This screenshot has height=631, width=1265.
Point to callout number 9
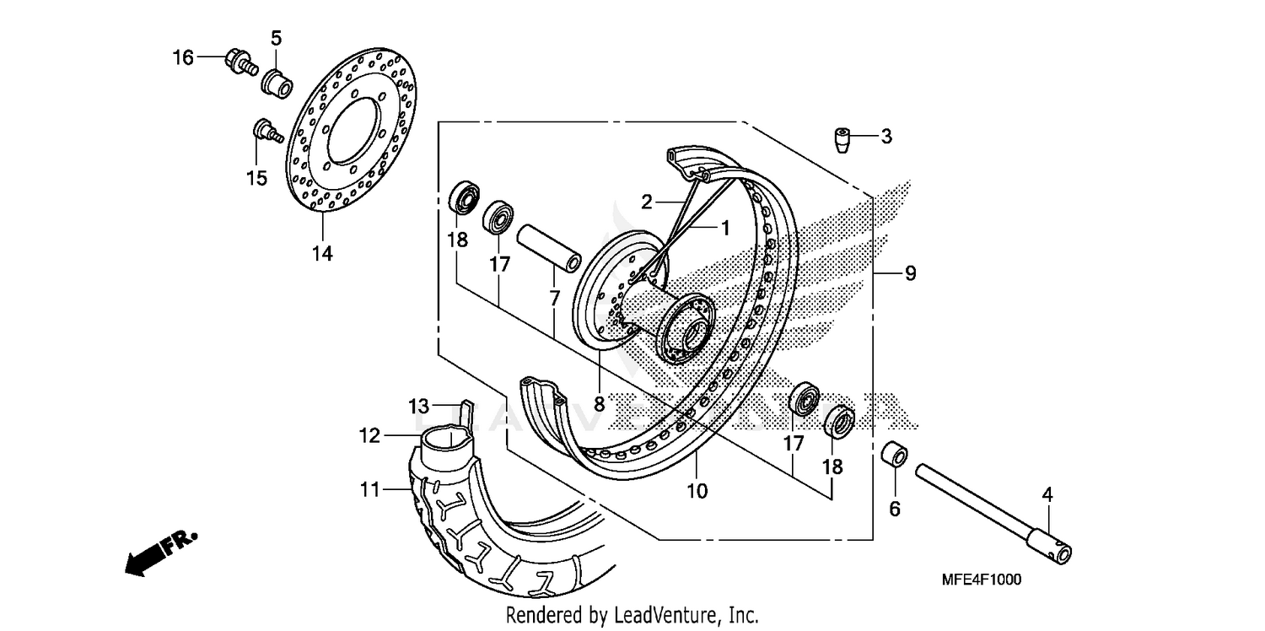click(x=910, y=273)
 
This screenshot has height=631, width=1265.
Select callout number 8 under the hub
click(x=599, y=404)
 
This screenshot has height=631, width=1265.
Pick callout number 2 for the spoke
click(x=646, y=202)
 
